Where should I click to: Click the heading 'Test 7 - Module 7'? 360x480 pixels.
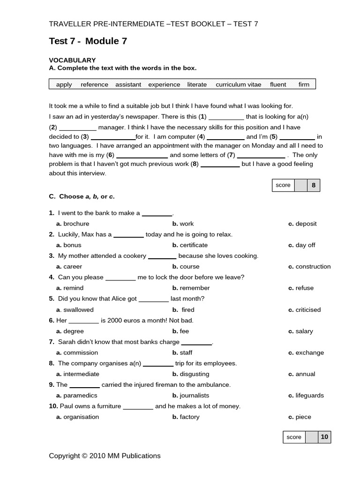click(x=88, y=41)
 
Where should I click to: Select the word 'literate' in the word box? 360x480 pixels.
click(x=197, y=84)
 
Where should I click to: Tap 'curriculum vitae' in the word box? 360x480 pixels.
click(x=238, y=84)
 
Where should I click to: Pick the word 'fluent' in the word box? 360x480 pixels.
click(x=278, y=84)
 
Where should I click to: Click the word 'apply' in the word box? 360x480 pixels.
click(x=64, y=84)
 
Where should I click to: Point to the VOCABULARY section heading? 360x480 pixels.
click(x=72, y=60)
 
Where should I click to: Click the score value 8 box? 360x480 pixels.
click(x=314, y=185)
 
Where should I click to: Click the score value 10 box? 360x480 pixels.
click(x=324, y=437)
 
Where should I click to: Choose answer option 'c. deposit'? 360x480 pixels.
click(x=302, y=224)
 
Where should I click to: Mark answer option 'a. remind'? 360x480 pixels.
click(x=70, y=288)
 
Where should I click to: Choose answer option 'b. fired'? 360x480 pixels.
click(x=183, y=310)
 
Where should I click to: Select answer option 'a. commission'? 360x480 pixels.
click(x=77, y=352)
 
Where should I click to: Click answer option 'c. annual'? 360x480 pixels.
click(x=302, y=374)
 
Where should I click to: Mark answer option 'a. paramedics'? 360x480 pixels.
click(x=77, y=396)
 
